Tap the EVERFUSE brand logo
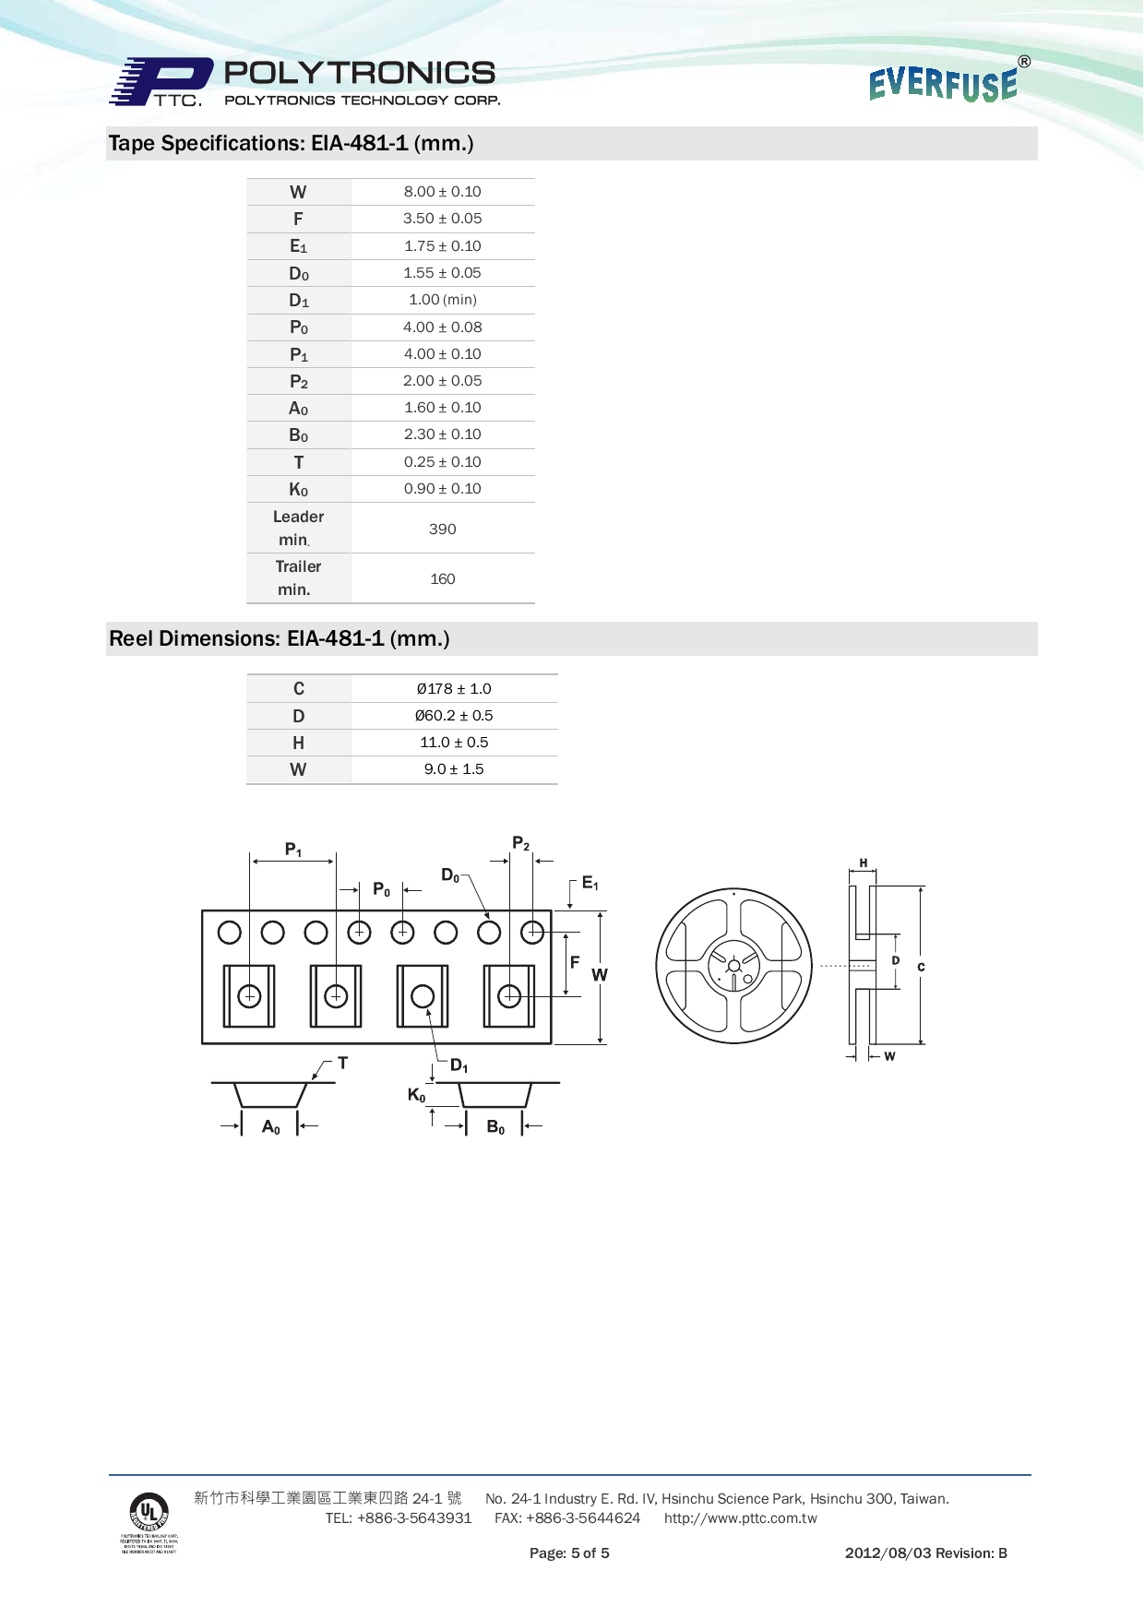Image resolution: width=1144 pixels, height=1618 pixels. pyautogui.click(x=944, y=83)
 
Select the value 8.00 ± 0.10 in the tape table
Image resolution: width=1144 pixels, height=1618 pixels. pyautogui.click(x=442, y=192)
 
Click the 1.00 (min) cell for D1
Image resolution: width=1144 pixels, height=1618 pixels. pyautogui.click(x=442, y=300)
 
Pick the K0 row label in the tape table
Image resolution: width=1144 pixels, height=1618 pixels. pyautogui.click(x=298, y=490)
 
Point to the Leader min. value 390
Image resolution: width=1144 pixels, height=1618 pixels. pyautogui.click(x=442, y=529)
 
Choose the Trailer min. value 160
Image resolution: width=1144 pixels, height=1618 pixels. pyautogui.click(x=442, y=579)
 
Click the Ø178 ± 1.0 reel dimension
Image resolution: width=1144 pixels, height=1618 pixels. pyautogui.click(x=453, y=689)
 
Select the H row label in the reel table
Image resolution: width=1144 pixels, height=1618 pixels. pyautogui.click(x=298, y=743)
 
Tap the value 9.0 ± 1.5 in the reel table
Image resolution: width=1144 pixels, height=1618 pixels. pyautogui.click(x=453, y=769)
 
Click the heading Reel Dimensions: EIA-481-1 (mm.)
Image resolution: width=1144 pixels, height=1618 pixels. pyautogui.click(x=279, y=638)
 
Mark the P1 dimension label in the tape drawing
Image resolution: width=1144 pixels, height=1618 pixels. pyautogui.click(x=293, y=850)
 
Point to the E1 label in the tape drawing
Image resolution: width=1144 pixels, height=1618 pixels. pyautogui.click(x=590, y=884)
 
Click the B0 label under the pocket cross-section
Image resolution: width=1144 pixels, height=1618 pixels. pyautogui.click(x=495, y=1127)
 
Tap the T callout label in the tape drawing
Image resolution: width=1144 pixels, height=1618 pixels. pyautogui.click(x=342, y=1064)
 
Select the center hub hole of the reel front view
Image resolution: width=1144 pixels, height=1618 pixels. pyautogui.click(x=733, y=966)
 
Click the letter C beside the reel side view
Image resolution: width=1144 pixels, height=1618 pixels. pyautogui.click(x=921, y=968)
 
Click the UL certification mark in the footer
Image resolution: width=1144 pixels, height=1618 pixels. pyautogui.click(x=149, y=1513)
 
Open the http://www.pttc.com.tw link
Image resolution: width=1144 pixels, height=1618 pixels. pyautogui.click(x=740, y=1518)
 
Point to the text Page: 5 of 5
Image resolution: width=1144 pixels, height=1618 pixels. pyautogui.click(x=569, y=1553)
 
